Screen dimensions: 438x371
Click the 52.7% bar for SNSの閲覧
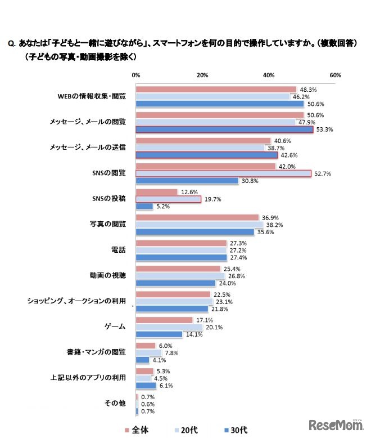pyautogui.click(x=223, y=173)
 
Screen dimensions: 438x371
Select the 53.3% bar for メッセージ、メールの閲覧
pyautogui.click(x=224, y=129)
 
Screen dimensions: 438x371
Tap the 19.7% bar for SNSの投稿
pyautogui.click(x=169, y=199)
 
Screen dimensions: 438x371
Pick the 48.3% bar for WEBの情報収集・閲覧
pyautogui.click(x=216, y=89)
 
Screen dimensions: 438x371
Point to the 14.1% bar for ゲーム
pyautogui.click(x=159, y=334)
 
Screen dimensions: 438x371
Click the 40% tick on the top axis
pyautogui.click(x=269, y=75)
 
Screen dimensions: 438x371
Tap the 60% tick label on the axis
pyautogui.click(x=336, y=75)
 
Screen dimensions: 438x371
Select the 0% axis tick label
pyautogui.click(x=136, y=75)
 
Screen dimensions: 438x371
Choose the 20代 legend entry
pyautogui.click(x=187, y=430)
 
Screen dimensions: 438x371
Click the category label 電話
pyautogui.click(x=119, y=249)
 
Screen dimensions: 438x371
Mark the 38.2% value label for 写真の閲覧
pyautogui.click(x=274, y=224)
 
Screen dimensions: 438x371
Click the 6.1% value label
pyautogui.click(x=165, y=386)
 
